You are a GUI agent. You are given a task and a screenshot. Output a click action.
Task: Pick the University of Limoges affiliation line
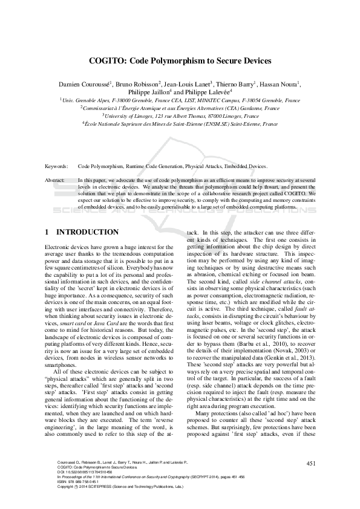tap(180, 115)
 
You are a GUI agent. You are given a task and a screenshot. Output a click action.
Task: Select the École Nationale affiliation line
tap(180, 123)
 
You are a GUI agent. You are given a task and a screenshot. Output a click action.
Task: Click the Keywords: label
tap(56, 166)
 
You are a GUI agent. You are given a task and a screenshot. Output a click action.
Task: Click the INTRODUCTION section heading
tap(87, 232)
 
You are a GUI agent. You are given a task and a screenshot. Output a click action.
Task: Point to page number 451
tap(312, 464)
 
